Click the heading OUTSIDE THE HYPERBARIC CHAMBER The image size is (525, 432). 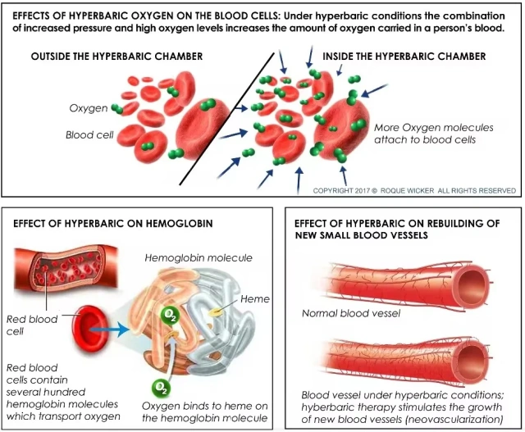pyautogui.click(x=116, y=57)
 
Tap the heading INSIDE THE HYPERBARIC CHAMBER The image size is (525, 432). pyautogui.click(x=404, y=57)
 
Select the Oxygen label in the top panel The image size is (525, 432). pyautogui.click(x=89, y=108)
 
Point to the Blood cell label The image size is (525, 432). pyautogui.click(x=89, y=135)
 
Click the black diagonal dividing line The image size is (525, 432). pyautogui.click(x=226, y=118)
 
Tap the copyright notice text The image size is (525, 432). pyautogui.click(x=414, y=191)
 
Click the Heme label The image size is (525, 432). pyautogui.click(x=255, y=299)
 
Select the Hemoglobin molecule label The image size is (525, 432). pyautogui.click(x=199, y=258)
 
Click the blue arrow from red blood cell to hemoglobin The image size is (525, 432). pyautogui.click(x=109, y=330)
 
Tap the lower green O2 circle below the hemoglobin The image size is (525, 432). pyautogui.click(x=161, y=388)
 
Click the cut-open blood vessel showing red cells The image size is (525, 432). pyautogui.click(x=66, y=268)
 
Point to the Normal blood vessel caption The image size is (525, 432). pyautogui.click(x=351, y=313)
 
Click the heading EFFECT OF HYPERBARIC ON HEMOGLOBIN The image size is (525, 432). pyautogui.click(x=113, y=224)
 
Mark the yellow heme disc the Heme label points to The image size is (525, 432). pyautogui.click(x=215, y=312)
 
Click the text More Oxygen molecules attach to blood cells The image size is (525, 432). pyautogui.click(x=434, y=134)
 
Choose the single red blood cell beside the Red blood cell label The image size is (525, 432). pyautogui.click(x=90, y=330)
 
